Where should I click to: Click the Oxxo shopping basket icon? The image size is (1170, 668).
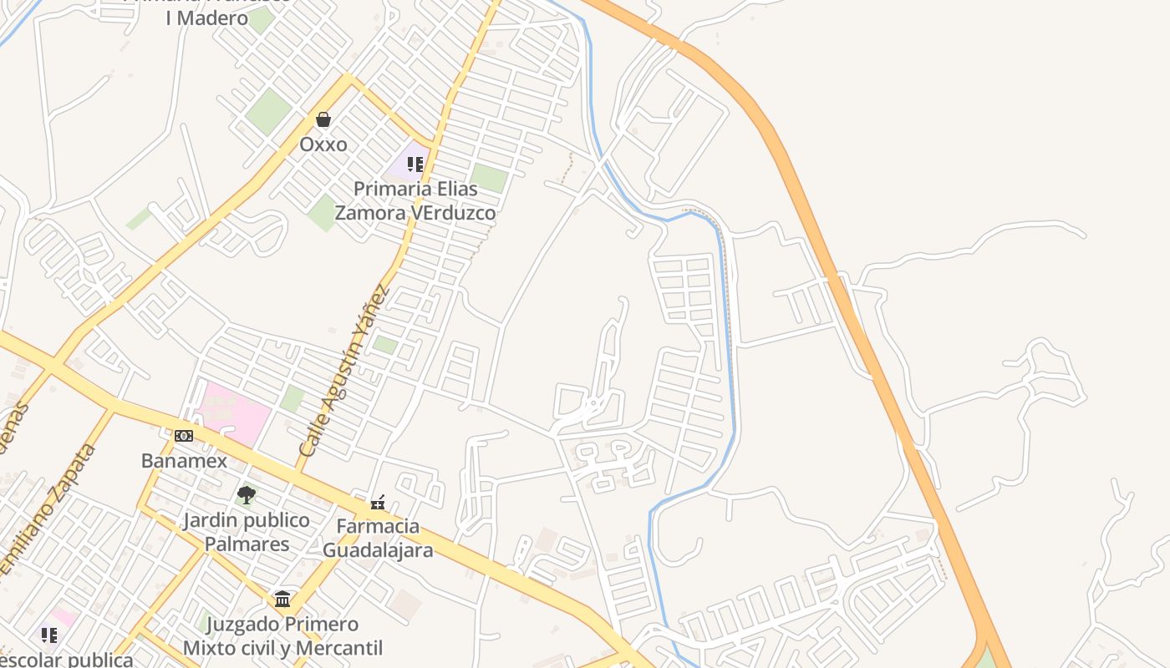(323, 120)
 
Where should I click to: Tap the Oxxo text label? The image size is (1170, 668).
(323, 144)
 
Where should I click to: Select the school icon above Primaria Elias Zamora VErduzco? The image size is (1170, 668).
(415, 164)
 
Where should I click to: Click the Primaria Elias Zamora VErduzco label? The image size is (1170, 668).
(415, 200)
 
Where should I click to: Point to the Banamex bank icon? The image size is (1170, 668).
(184, 436)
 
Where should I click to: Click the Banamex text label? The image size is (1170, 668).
(184, 461)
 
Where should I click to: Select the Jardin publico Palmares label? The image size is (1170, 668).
(247, 533)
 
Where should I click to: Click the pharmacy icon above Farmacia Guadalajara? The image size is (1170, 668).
(378, 503)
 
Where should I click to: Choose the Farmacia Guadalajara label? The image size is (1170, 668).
(378, 539)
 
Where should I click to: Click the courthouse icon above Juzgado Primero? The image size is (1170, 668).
(282, 600)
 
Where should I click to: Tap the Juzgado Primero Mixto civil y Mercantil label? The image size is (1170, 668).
(282, 636)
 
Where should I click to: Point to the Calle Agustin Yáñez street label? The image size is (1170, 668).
(343, 372)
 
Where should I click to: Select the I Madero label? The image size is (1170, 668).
(206, 18)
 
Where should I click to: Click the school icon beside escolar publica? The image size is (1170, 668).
(49, 635)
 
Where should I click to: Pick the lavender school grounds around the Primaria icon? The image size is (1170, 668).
(402, 167)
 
